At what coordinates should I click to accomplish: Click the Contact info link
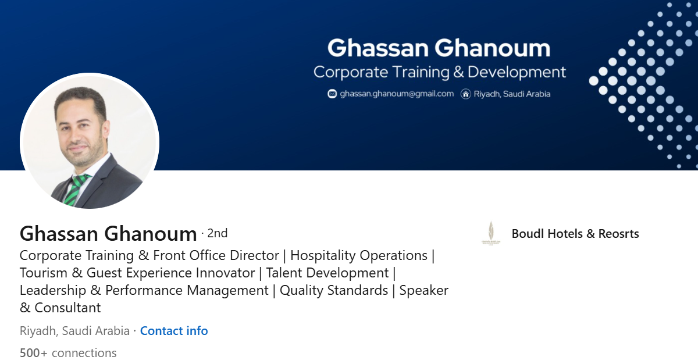click(173, 331)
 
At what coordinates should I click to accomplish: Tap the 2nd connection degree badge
click(217, 233)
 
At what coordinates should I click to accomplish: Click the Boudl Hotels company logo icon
click(490, 233)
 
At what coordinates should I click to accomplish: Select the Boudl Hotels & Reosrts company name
click(575, 234)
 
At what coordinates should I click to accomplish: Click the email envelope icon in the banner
click(332, 94)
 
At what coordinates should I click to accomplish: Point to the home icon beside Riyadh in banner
click(465, 94)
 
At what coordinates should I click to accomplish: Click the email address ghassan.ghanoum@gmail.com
click(397, 94)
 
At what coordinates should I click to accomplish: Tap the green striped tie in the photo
click(76, 189)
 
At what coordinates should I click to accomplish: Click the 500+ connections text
click(68, 353)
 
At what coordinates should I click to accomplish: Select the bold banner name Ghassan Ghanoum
click(439, 48)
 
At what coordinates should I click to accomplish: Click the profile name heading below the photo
click(108, 234)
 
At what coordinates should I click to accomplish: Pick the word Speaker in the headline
click(423, 290)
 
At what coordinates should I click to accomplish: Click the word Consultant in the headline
click(67, 308)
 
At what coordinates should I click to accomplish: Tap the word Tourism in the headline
click(47, 273)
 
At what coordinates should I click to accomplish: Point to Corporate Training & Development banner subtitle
click(439, 72)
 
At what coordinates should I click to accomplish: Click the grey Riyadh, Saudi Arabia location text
click(74, 331)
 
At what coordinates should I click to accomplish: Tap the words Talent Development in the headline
click(327, 273)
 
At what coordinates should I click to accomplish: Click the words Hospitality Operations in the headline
click(358, 255)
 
